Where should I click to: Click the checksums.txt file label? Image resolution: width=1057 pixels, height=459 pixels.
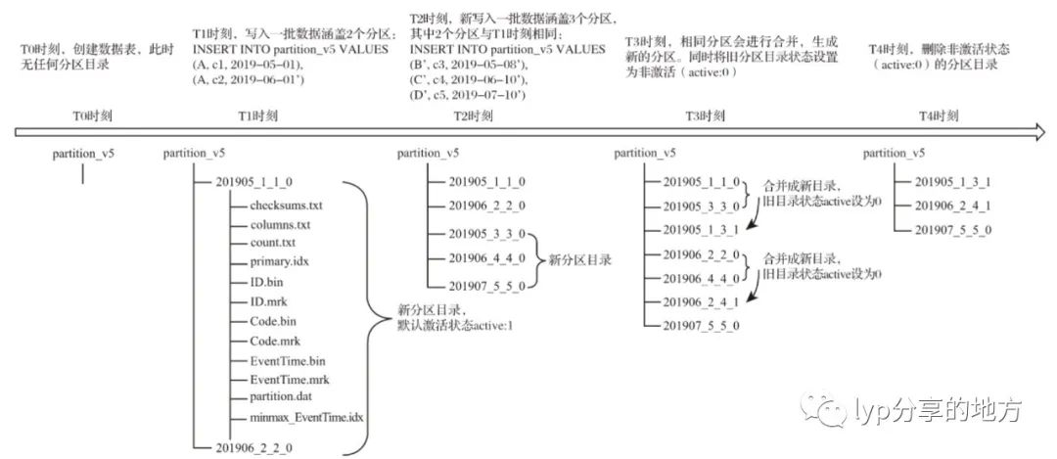click(x=286, y=206)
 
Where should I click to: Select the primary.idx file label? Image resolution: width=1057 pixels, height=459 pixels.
click(x=280, y=263)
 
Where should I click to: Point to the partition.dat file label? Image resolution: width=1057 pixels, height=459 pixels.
click(x=281, y=397)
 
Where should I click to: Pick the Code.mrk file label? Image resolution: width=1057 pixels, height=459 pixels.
click(x=276, y=340)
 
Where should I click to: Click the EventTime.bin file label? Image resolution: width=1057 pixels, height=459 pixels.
click(x=288, y=361)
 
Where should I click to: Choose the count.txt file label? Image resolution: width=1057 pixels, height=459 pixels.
click(x=274, y=244)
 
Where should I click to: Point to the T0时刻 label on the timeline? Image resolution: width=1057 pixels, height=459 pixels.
click(x=93, y=115)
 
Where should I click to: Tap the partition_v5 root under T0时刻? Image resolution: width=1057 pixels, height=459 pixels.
click(x=84, y=154)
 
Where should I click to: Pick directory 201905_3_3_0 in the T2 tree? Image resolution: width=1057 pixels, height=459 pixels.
click(x=487, y=234)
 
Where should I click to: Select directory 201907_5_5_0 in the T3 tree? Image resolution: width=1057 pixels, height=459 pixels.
click(x=701, y=323)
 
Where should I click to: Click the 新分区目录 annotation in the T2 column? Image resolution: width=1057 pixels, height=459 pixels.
click(x=579, y=259)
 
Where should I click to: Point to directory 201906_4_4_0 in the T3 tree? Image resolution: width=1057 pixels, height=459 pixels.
click(x=701, y=277)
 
